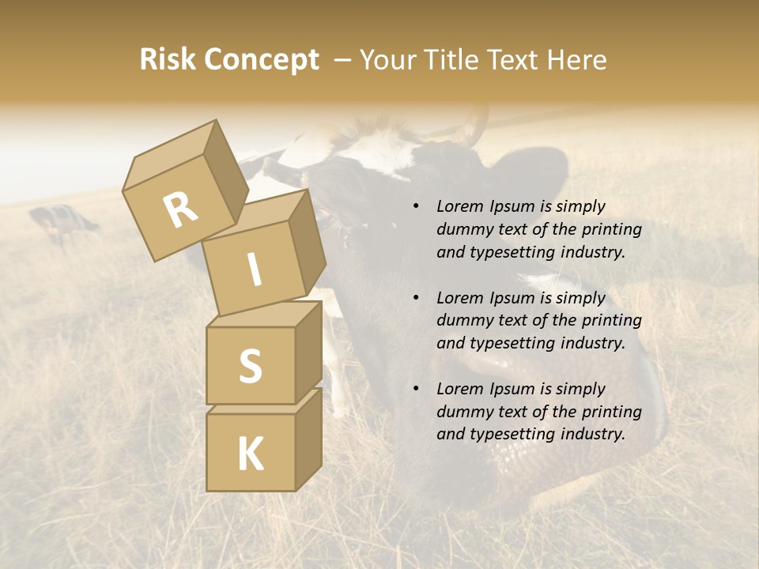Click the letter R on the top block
pyautogui.click(x=180, y=210)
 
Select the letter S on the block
pyautogui.click(x=250, y=365)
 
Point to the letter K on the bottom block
pyautogui.click(x=250, y=454)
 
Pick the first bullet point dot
pyautogui.click(x=415, y=207)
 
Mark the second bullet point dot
pyautogui.click(x=415, y=298)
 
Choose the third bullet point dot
pyautogui.click(x=415, y=389)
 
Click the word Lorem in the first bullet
pyautogui.click(x=458, y=206)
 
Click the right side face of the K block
pyautogui.click(x=308, y=438)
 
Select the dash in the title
pyautogui.click(x=344, y=60)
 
